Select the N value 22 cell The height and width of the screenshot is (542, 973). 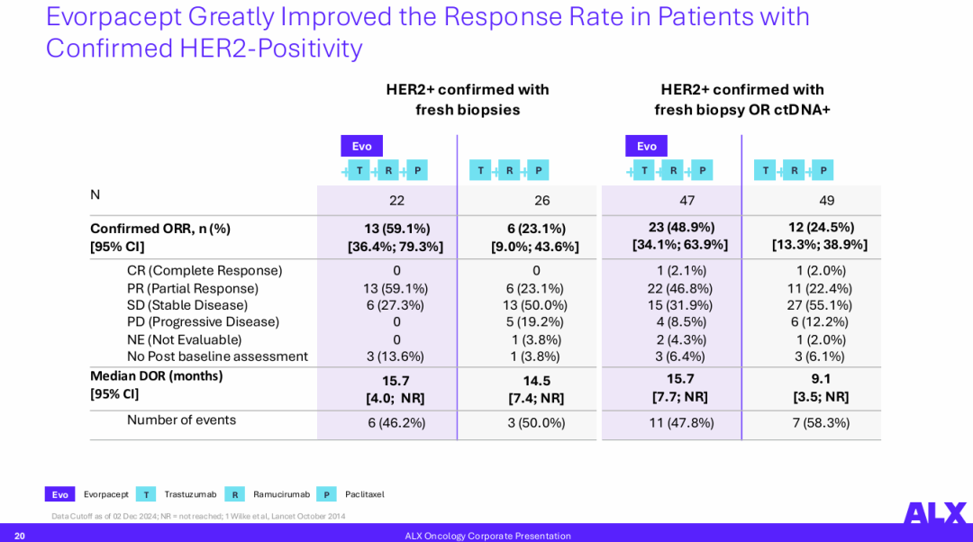pyautogui.click(x=396, y=200)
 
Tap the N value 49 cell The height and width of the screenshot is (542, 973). pyautogui.click(x=826, y=200)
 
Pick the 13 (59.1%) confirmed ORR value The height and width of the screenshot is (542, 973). pyautogui.click(x=396, y=229)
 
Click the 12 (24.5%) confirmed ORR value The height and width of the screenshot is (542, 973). pyautogui.click(x=819, y=228)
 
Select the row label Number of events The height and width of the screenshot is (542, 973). pyautogui.click(x=181, y=420)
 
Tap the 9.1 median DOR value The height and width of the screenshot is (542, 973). pyautogui.click(x=821, y=379)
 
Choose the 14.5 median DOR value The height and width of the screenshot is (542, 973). pyautogui.click(x=536, y=381)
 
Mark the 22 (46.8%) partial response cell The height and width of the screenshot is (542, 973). pyautogui.click(x=680, y=288)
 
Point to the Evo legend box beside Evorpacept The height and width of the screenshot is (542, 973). pyautogui.click(x=59, y=494)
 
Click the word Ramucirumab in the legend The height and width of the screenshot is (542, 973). pyautogui.click(x=281, y=494)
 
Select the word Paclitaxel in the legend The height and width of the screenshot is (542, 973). pyautogui.click(x=364, y=494)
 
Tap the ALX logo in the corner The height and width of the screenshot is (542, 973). pyautogui.click(x=934, y=513)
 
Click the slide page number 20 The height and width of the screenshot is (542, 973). pyautogui.click(x=20, y=536)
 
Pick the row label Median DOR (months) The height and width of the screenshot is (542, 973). pyautogui.click(x=156, y=376)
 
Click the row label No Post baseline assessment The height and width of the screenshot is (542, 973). pyautogui.click(x=217, y=357)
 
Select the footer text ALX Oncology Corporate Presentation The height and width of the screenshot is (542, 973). pyautogui.click(x=487, y=536)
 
